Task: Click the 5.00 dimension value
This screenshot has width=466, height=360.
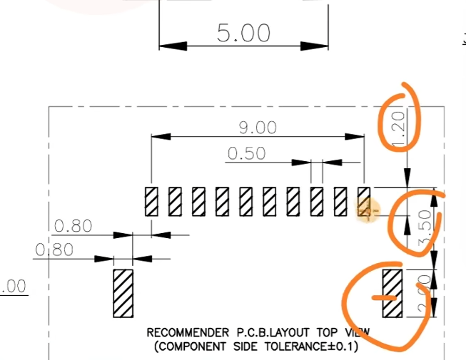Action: (244, 33)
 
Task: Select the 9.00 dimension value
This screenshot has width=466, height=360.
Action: (257, 127)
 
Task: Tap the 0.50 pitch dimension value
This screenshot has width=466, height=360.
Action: (246, 153)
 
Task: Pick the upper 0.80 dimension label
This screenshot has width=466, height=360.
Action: (73, 226)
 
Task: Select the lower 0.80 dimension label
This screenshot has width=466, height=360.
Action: (54, 250)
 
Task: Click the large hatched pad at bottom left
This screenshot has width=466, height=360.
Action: (123, 292)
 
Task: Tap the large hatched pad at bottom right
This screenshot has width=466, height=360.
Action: (392, 292)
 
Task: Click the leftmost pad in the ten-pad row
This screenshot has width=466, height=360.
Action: (151, 201)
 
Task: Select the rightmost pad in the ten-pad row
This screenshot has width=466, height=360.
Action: (363, 201)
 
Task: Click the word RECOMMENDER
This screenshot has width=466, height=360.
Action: (188, 332)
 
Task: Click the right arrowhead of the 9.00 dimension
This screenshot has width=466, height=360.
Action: (358, 135)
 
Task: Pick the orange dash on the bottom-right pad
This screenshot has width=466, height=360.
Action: (386, 297)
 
